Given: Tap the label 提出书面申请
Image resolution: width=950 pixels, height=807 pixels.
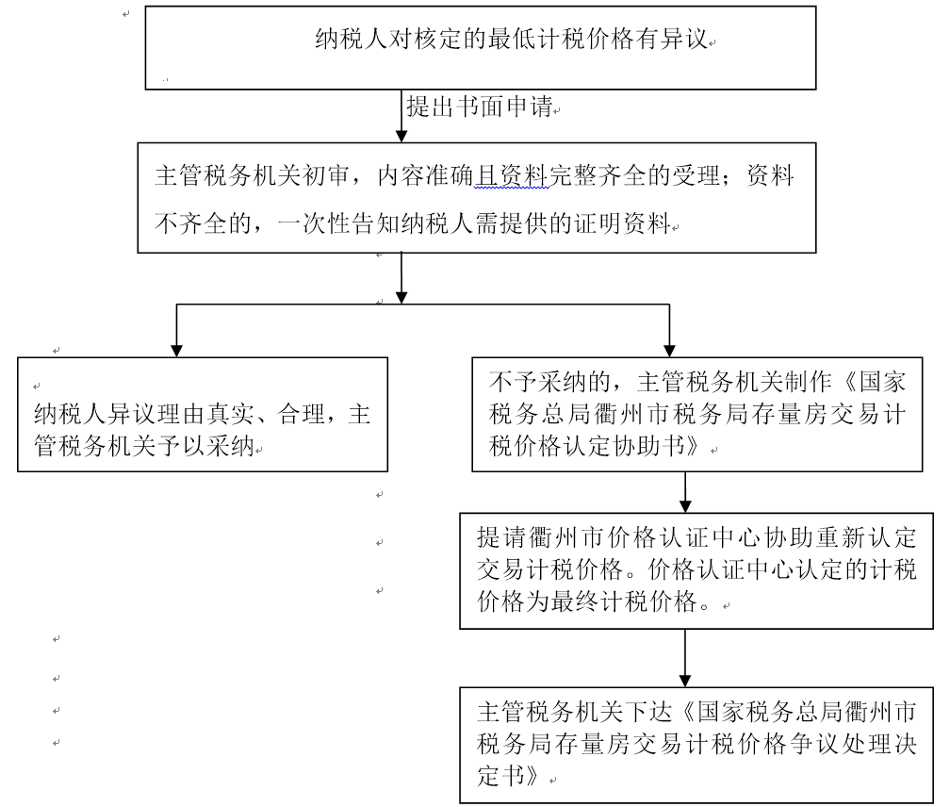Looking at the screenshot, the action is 479,107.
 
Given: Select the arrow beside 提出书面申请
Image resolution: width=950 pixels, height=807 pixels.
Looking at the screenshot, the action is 401,116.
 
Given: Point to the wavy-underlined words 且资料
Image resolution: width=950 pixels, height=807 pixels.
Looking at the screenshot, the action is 512,175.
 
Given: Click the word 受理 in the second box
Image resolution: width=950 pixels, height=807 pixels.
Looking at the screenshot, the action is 696,175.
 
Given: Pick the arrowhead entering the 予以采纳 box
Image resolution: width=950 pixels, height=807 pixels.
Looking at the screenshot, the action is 176,351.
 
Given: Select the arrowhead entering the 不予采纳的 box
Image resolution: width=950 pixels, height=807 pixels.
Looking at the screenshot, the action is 669,351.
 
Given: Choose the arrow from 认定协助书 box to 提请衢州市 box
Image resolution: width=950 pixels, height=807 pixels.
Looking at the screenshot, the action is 685,492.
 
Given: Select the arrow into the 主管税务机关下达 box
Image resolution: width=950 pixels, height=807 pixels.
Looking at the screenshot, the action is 685,658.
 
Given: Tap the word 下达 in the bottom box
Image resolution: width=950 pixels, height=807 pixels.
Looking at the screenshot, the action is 648,711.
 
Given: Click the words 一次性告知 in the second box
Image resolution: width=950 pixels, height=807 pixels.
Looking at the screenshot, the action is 338,223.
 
